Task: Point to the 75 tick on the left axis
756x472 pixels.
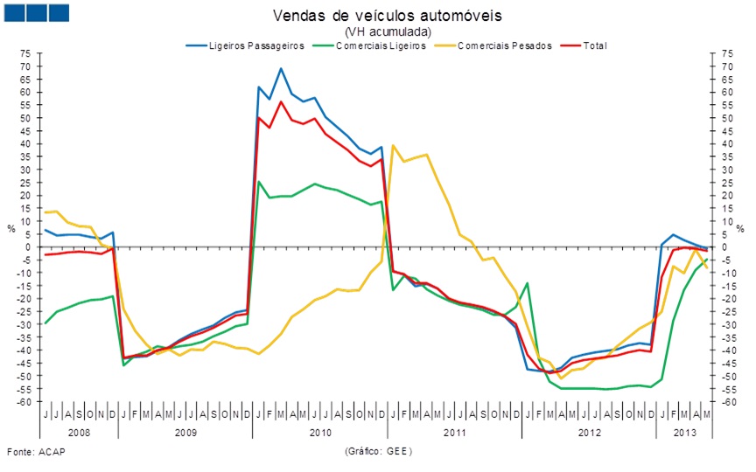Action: [x=26, y=53]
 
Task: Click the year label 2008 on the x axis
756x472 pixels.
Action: [x=79, y=432]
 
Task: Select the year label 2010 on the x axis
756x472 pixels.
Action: [x=320, y=432]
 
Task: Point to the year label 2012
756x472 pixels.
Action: [x=589, y=432]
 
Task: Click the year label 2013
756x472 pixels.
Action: [x=685, y=432]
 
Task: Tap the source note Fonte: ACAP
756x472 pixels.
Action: [x=36, y=451]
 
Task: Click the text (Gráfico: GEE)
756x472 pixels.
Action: [x=378, y=451]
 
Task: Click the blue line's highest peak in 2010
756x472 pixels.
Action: [x=281, y=68]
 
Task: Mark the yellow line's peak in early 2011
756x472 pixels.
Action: [x=393, y=145]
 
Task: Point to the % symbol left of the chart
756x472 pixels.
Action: [x=11, y=228]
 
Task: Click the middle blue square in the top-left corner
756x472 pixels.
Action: [x=36, y=12]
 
